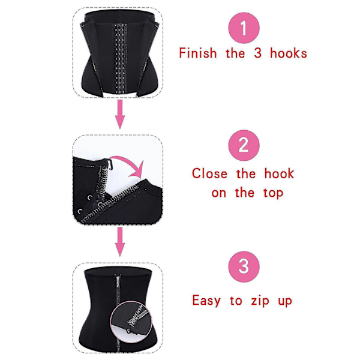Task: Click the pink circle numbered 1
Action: click(244, 28)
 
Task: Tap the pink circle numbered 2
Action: click(244, 145)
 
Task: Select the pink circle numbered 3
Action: click(244, 266)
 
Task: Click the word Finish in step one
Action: click(198, 53)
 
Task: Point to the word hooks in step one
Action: click(289, 53)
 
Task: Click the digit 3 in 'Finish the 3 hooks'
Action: click(257, 53)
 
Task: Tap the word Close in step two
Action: click(209, 173)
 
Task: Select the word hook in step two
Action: click(279, 173)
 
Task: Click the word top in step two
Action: click(273, 193)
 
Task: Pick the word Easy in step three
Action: click(206, 301)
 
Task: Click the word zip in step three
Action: click(260, 301)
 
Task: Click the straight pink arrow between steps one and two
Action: click(120, 115)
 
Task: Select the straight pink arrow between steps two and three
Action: click(120, 242)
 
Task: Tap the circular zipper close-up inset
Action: click(131, 319)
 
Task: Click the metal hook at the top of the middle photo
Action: click(110, 164)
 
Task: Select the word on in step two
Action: click(218, 193)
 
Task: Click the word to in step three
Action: click(236, 301)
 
